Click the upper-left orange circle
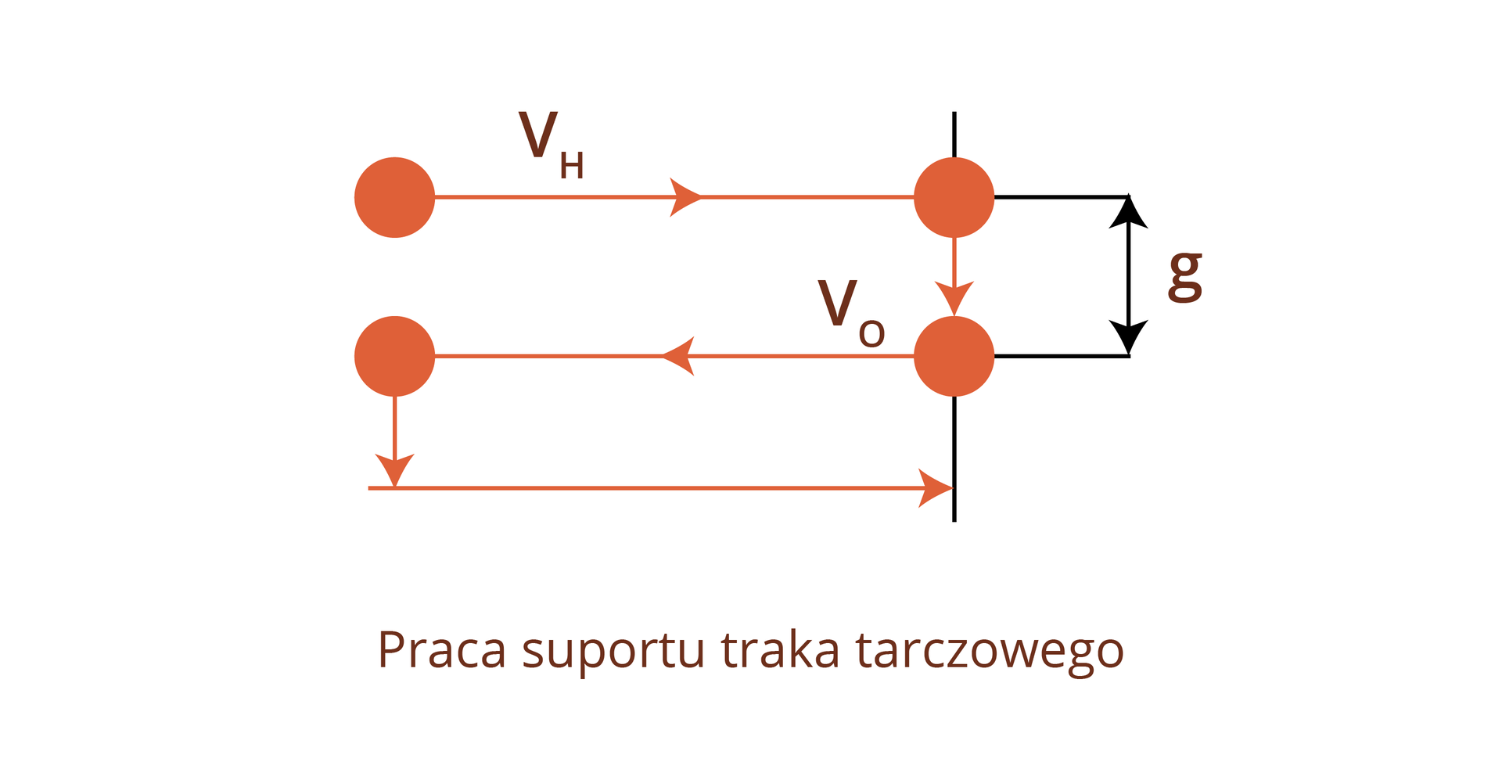click(x=394, y=197)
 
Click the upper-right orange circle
click(x=954, y=197)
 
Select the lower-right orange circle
click(x=954, y=356)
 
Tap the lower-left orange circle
click(x=394, y=356)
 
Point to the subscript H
click(x=572, y=166)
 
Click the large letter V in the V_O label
click(x=837, y=303)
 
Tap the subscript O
click(x=871, y=335)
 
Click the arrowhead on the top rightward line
click(x=685, y=197)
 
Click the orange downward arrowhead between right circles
click(x=954, y=299)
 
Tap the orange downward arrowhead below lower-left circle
click(x=394, y=470)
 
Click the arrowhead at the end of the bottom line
click(x=936, y=488)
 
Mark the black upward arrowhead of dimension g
click(x=1128, y=212)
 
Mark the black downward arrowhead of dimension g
click(x=1128, y=337)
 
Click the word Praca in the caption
click(x=442, y=650)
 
